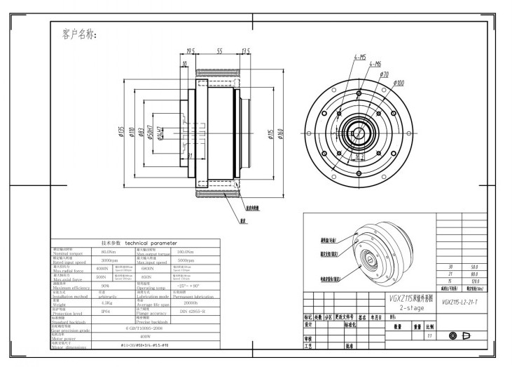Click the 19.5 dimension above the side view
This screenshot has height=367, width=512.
(190, 51)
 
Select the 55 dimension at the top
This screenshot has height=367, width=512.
(219, 51)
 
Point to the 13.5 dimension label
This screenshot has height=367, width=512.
(246, 51)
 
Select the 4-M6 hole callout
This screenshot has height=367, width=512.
(374, 64)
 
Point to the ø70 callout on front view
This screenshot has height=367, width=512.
(384, 74)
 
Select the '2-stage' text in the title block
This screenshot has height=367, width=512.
(410, 307)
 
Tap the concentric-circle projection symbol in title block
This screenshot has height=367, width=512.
(452, 335)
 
